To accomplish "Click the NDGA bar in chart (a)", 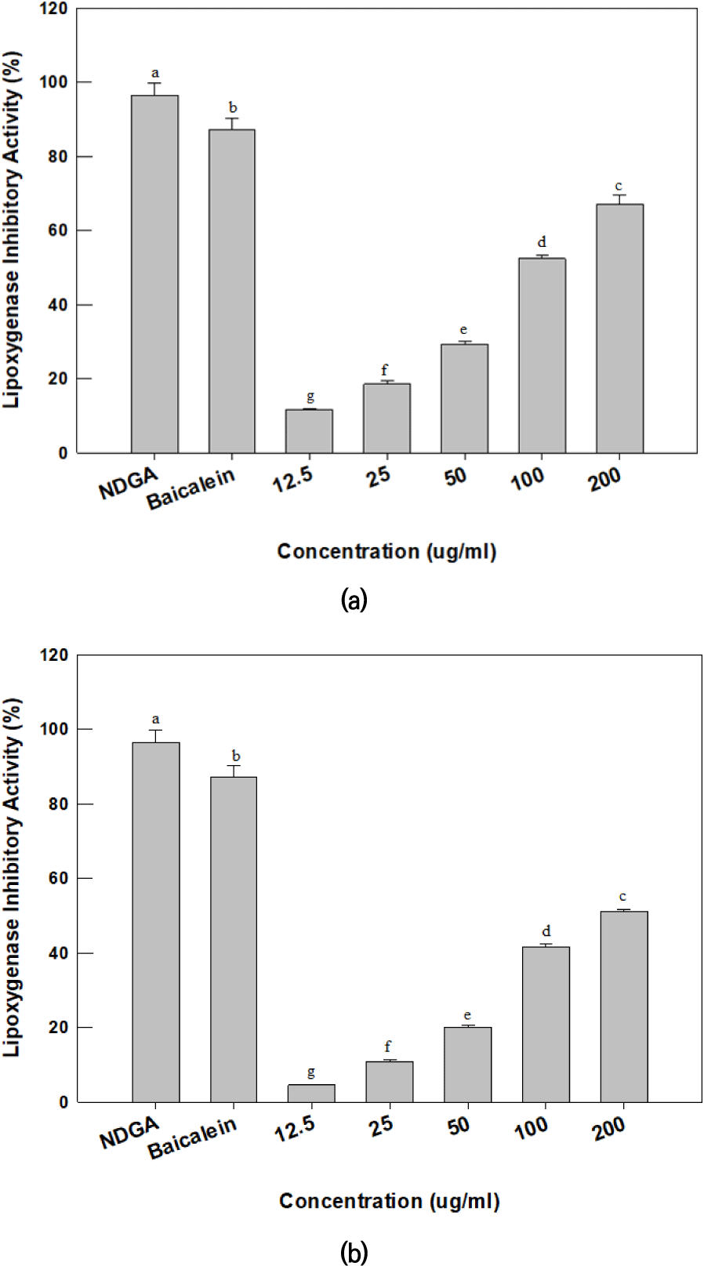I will pyautogui.click(x=154, y=274).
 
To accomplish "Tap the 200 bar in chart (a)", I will pyautogui.click(x=619, y=328).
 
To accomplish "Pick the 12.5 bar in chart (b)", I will pyautogui.click(x=311, y=1093).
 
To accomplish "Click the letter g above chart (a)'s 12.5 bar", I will pyautogui.click(x=310, y=397).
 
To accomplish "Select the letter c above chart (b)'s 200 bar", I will pyautogui.click(x=622, y=896).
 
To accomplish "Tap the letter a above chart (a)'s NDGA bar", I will pyautogui.click(x=155, y=72).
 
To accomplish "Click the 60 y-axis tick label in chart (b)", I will pyautogui.click(x=58, y=879).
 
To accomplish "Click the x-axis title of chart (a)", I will pyautogui.click(x=386, y=552).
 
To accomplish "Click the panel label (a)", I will pyautogui.click(x=354, y=600).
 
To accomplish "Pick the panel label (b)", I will pyautogui.click(x=354, y=1252).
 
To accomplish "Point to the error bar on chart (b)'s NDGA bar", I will pyautogui.click(x=156, y=735).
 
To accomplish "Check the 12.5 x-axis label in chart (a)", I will pyautogui.click(x=293, y=481).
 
